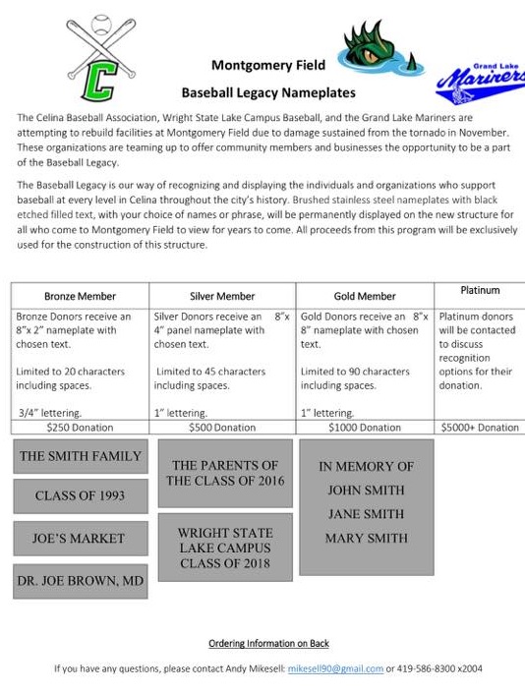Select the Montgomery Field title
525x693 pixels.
[x=268, y=66]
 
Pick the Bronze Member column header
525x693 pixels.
[x=80, y=296]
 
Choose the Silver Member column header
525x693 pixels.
[x=222, y=296]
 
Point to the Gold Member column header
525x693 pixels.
[x=364, y=296]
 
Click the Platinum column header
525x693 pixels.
[x=480, y=290]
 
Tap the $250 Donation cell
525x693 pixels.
[x=80, y=428]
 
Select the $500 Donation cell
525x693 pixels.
[x=222, y=428]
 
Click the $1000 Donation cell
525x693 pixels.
[x=364, y=428]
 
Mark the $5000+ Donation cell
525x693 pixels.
[x=480, y=428]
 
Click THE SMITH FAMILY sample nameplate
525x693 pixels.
[x=81, y=456]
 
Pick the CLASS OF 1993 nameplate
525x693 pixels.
[x=81, y=496]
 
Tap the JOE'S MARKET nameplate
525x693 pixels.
[x=81, y=539]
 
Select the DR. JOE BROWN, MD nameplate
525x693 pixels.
[x=81, y=582]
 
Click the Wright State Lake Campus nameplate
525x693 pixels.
[x=225, y=548]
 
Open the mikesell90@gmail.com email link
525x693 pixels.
[x=335, y=668]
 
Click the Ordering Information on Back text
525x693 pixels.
[x=268, y=644]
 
